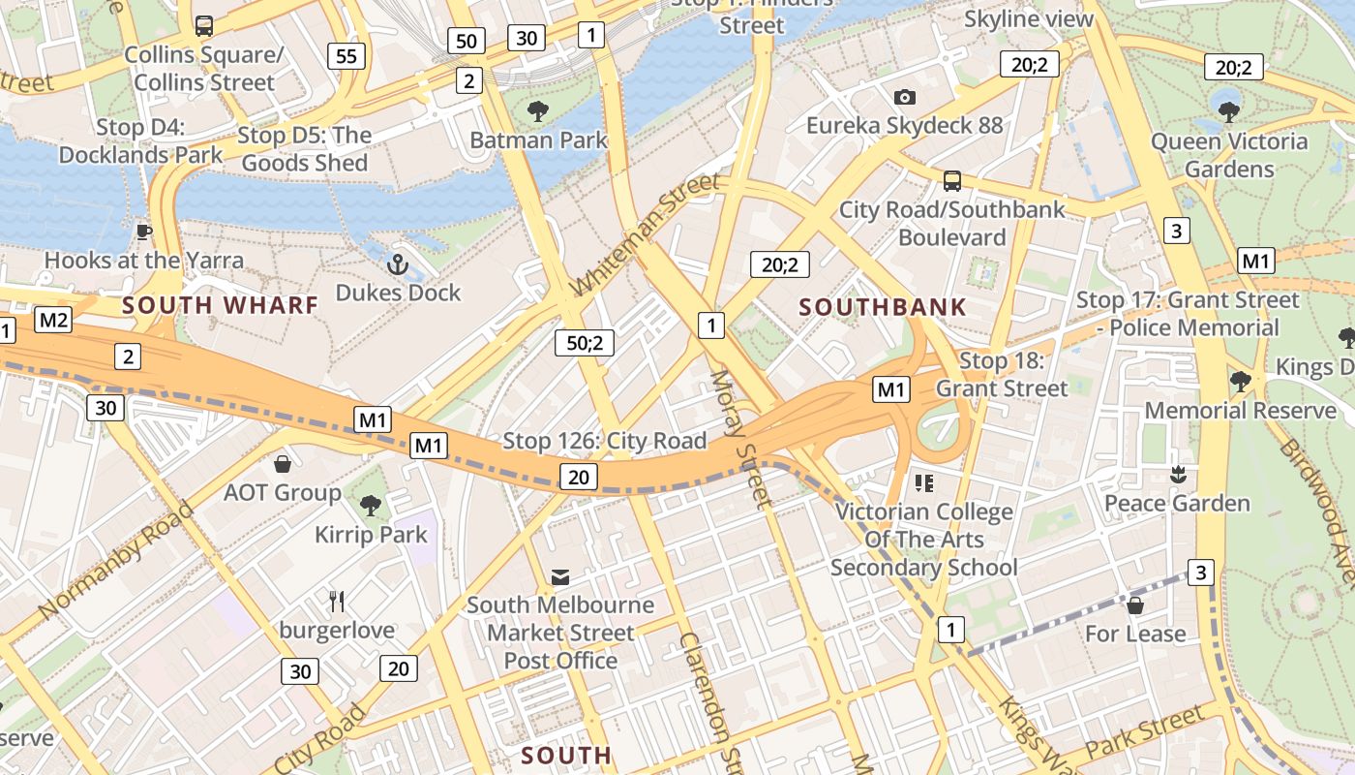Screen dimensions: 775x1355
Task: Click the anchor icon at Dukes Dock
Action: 397,263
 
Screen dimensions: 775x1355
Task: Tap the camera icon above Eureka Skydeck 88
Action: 905,97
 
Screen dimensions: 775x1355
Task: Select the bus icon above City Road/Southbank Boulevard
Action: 952,180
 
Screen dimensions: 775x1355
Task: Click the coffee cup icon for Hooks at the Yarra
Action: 144,231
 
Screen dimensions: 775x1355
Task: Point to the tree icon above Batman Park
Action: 538,111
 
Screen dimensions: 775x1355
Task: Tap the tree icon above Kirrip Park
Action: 370,505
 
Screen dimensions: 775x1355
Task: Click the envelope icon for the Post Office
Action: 560,577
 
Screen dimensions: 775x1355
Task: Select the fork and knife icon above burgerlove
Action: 337,602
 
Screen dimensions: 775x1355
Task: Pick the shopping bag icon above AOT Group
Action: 283,464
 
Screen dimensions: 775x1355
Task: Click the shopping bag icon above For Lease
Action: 1135,605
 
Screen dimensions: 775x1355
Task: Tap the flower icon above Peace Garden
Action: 1178,475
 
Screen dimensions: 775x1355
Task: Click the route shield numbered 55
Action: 346,56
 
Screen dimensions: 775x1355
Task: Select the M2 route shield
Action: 52,320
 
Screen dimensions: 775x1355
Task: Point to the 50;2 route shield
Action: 585,342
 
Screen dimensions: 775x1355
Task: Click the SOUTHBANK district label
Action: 883,308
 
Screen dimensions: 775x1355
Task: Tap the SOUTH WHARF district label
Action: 220,305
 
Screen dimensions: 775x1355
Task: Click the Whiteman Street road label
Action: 646,235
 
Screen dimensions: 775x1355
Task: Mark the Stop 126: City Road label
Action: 605,441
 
